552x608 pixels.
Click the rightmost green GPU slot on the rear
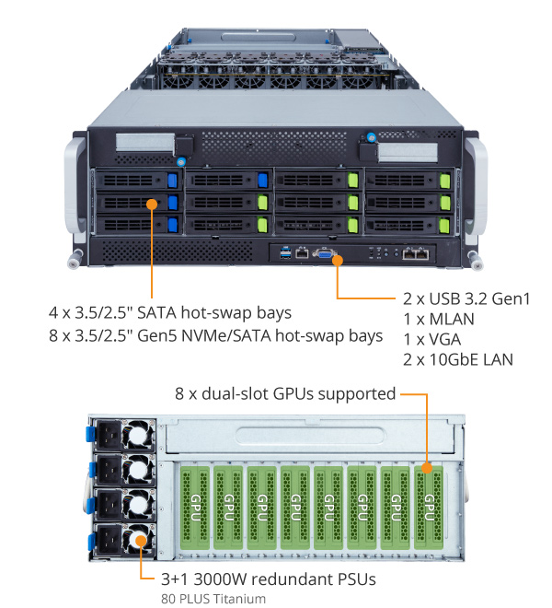coord(428,506)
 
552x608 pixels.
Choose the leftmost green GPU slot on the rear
coord(196,506)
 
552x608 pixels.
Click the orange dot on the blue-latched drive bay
coord(154,201)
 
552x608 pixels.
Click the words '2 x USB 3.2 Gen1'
coord(466,298)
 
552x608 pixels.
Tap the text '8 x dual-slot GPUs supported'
coord(285,394)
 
